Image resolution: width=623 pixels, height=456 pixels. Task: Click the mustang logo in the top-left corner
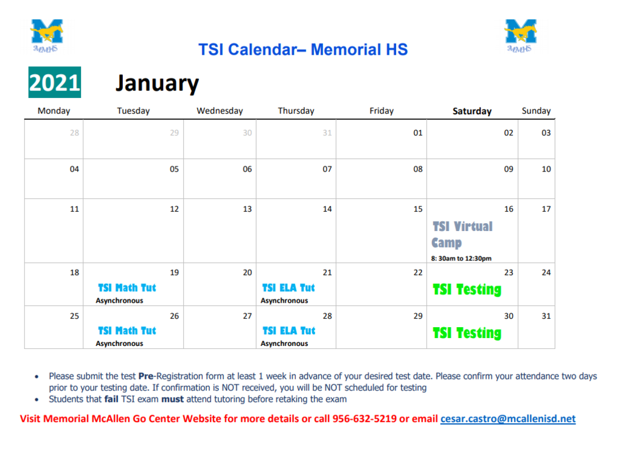[47, 36]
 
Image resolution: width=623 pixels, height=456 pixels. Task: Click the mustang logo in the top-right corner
[521, 36]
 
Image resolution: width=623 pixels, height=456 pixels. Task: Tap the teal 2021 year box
[55, 82]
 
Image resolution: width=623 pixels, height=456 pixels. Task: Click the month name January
[157, 83]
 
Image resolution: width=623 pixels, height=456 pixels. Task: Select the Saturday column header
[472, 111]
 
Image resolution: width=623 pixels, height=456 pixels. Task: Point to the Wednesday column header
[220, 111]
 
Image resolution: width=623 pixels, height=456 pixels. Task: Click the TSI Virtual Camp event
[462, 234]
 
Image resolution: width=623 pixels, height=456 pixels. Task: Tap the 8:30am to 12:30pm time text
[461, 258]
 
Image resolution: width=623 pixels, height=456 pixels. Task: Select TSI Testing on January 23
[467, 289]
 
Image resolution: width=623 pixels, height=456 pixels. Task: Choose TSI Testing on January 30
[467, 333]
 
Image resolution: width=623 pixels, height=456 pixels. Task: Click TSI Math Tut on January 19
[127, 288]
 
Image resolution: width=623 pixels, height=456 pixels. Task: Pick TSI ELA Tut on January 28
[289, 331]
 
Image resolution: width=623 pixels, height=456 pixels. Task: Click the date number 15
[418, 209]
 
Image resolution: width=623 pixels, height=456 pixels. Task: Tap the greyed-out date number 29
[174, 133]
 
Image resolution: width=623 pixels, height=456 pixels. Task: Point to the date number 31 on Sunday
[546, 316]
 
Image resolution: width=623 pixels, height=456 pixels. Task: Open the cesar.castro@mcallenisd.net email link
[508, 419]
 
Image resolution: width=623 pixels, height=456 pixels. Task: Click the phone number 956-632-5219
[364, 419]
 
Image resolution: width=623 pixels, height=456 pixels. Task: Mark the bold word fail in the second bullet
[111, 399]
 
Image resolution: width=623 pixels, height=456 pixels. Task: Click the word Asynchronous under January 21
[284, 301]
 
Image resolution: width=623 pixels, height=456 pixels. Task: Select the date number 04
[74, 169]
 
